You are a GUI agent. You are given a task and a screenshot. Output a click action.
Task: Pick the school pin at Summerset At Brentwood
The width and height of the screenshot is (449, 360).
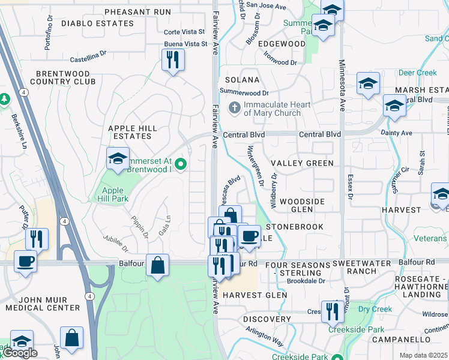[118, 159]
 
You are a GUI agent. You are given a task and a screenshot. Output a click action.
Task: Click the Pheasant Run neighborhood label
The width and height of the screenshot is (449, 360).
[137, 12]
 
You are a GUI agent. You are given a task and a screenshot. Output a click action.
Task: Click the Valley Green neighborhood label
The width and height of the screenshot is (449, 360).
[302, 163]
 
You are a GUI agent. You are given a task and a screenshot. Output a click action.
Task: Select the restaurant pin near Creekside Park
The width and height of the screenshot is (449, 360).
[330, 312]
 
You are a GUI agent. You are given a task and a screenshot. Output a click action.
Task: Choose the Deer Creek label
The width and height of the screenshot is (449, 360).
[418, 73]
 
